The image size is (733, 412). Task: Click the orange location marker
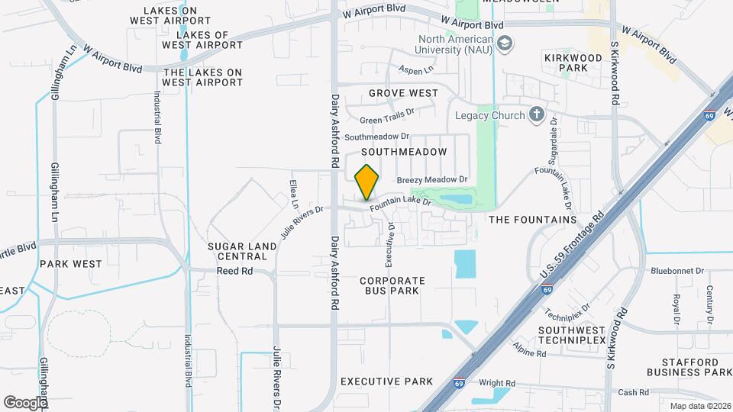point(367,182)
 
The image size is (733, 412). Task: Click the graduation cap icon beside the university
point(504,44)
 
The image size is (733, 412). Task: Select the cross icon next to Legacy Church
point(537,115)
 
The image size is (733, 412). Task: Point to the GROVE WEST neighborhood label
point(403,93)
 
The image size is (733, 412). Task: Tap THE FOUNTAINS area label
point(532,220)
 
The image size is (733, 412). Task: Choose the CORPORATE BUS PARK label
point(392,285)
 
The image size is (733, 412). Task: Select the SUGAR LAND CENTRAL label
point(237,251)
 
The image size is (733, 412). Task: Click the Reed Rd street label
point(234,271)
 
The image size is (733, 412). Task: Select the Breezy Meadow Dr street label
point(431,180)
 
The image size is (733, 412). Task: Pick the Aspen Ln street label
point(416,69)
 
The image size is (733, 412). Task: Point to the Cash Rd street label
point(633,392)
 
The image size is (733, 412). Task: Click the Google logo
point(25,401)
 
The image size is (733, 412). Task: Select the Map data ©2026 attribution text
point(699,406)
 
